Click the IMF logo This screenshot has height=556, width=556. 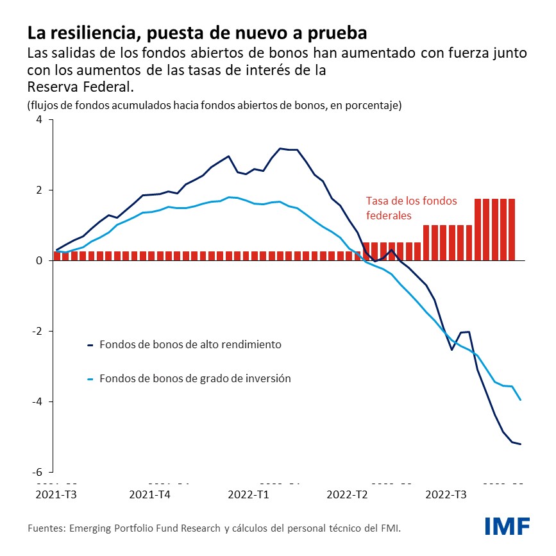click(x=507, y=526)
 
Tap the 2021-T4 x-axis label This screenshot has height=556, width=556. click(x=149, y=494)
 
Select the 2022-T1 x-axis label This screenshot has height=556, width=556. click(x=248, y=494)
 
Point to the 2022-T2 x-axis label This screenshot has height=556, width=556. click(x=346, y=494)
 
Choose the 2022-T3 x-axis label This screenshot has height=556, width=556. click(x=446, y=494)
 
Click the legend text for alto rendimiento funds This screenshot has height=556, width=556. click(x=190, y=344)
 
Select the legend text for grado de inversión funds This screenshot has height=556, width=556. click(x=195, y=378)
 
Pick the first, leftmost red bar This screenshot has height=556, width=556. click(x=57, y=256)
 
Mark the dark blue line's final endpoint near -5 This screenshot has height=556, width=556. click(x=520, y=444)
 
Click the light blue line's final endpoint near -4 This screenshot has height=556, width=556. click(x=520, y=400)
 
